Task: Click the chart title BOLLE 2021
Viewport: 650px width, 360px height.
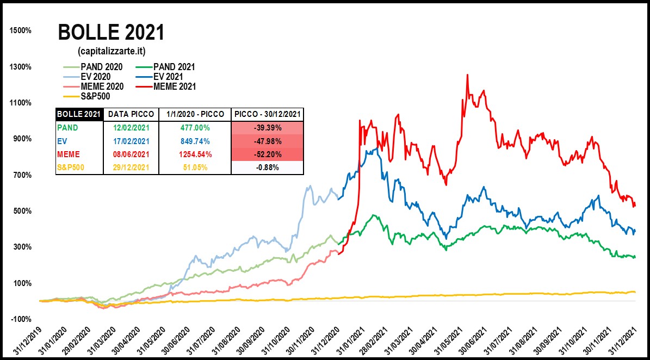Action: pyautogui.click(x=111, y=33)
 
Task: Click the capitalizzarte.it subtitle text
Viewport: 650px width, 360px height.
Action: pyautogui.click(x=111, y=51)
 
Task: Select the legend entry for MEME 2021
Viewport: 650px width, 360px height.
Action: pyautogui.click(x=174, y=86)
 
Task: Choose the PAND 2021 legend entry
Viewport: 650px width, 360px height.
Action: pyautogui.click(x=174, y=67)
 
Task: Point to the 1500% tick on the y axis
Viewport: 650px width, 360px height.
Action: pyautogui.click(x=21, y=31)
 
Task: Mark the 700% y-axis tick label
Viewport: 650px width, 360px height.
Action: pyautogui.click(x=21, y=175)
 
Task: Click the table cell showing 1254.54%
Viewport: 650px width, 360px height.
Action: pyautogui.click(x=195, y=154)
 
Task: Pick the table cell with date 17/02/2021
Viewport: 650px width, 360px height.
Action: pyautogui.click(x=131, y=141)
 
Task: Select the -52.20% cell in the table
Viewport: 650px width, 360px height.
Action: pyautogui.click(x=267, y=154)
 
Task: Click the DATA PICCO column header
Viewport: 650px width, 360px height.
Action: pyautogui.click(x=131, y=114)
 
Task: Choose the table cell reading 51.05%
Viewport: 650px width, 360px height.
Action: pyautogui.click(x=195, y=167)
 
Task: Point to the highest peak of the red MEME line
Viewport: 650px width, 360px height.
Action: pyautogui.click(x=467, y=75)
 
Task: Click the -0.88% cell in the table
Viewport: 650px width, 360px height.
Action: pyautogui.click(x=267, y=167)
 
